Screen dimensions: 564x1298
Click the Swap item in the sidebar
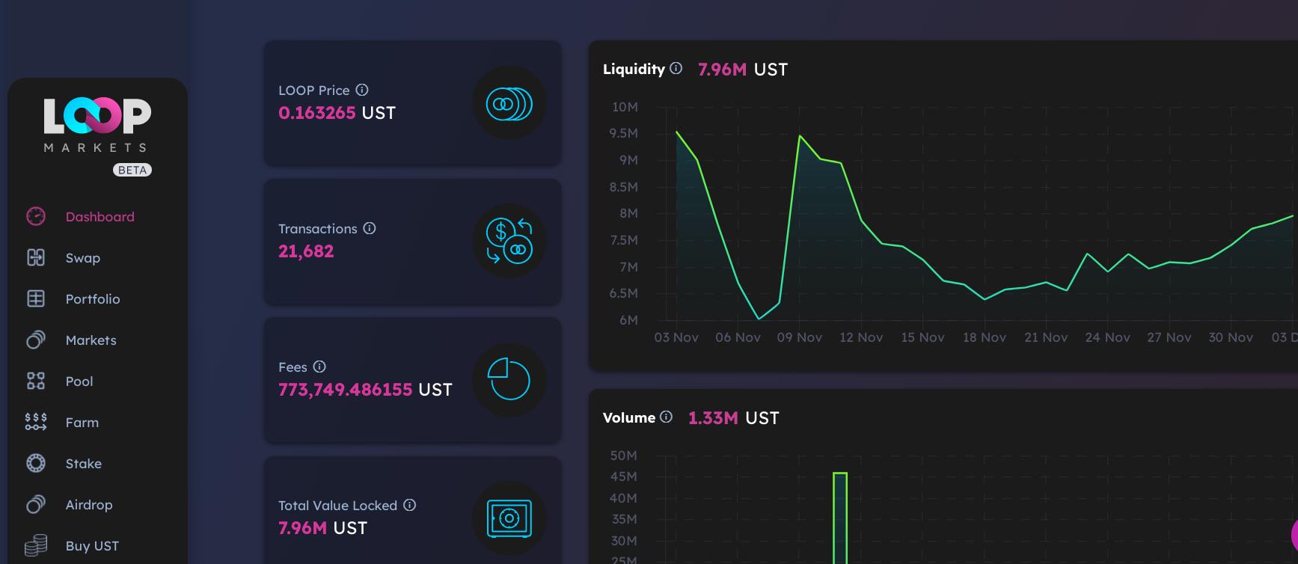pos(82,258)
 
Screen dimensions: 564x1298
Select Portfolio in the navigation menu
pos(92,299)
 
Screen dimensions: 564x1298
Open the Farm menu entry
pos(82,423)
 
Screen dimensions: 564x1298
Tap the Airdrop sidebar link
pos(88,505)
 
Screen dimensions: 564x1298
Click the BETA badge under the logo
pos(132,171)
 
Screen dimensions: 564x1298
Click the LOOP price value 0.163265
pos(316,113)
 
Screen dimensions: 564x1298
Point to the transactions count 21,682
pos(306,251)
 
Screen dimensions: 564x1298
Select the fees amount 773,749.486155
pos(345,390)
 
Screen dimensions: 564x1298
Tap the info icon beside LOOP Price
pos(362,90)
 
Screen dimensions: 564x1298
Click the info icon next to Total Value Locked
pos(409,505)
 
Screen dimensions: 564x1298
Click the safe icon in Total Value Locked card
pos(509,518)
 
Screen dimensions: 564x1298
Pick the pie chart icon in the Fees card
pos(509,379)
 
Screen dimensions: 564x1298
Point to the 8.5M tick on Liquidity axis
pos(623,187)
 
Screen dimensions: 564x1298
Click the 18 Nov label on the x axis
pos(984,337)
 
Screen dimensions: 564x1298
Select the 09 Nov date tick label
pos(799,337)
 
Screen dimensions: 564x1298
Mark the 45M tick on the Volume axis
pos(623,476)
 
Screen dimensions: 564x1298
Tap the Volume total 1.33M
pos(713,418)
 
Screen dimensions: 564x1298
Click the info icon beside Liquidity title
pos(676,69)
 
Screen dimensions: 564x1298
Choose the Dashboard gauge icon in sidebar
pos(36,216)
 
